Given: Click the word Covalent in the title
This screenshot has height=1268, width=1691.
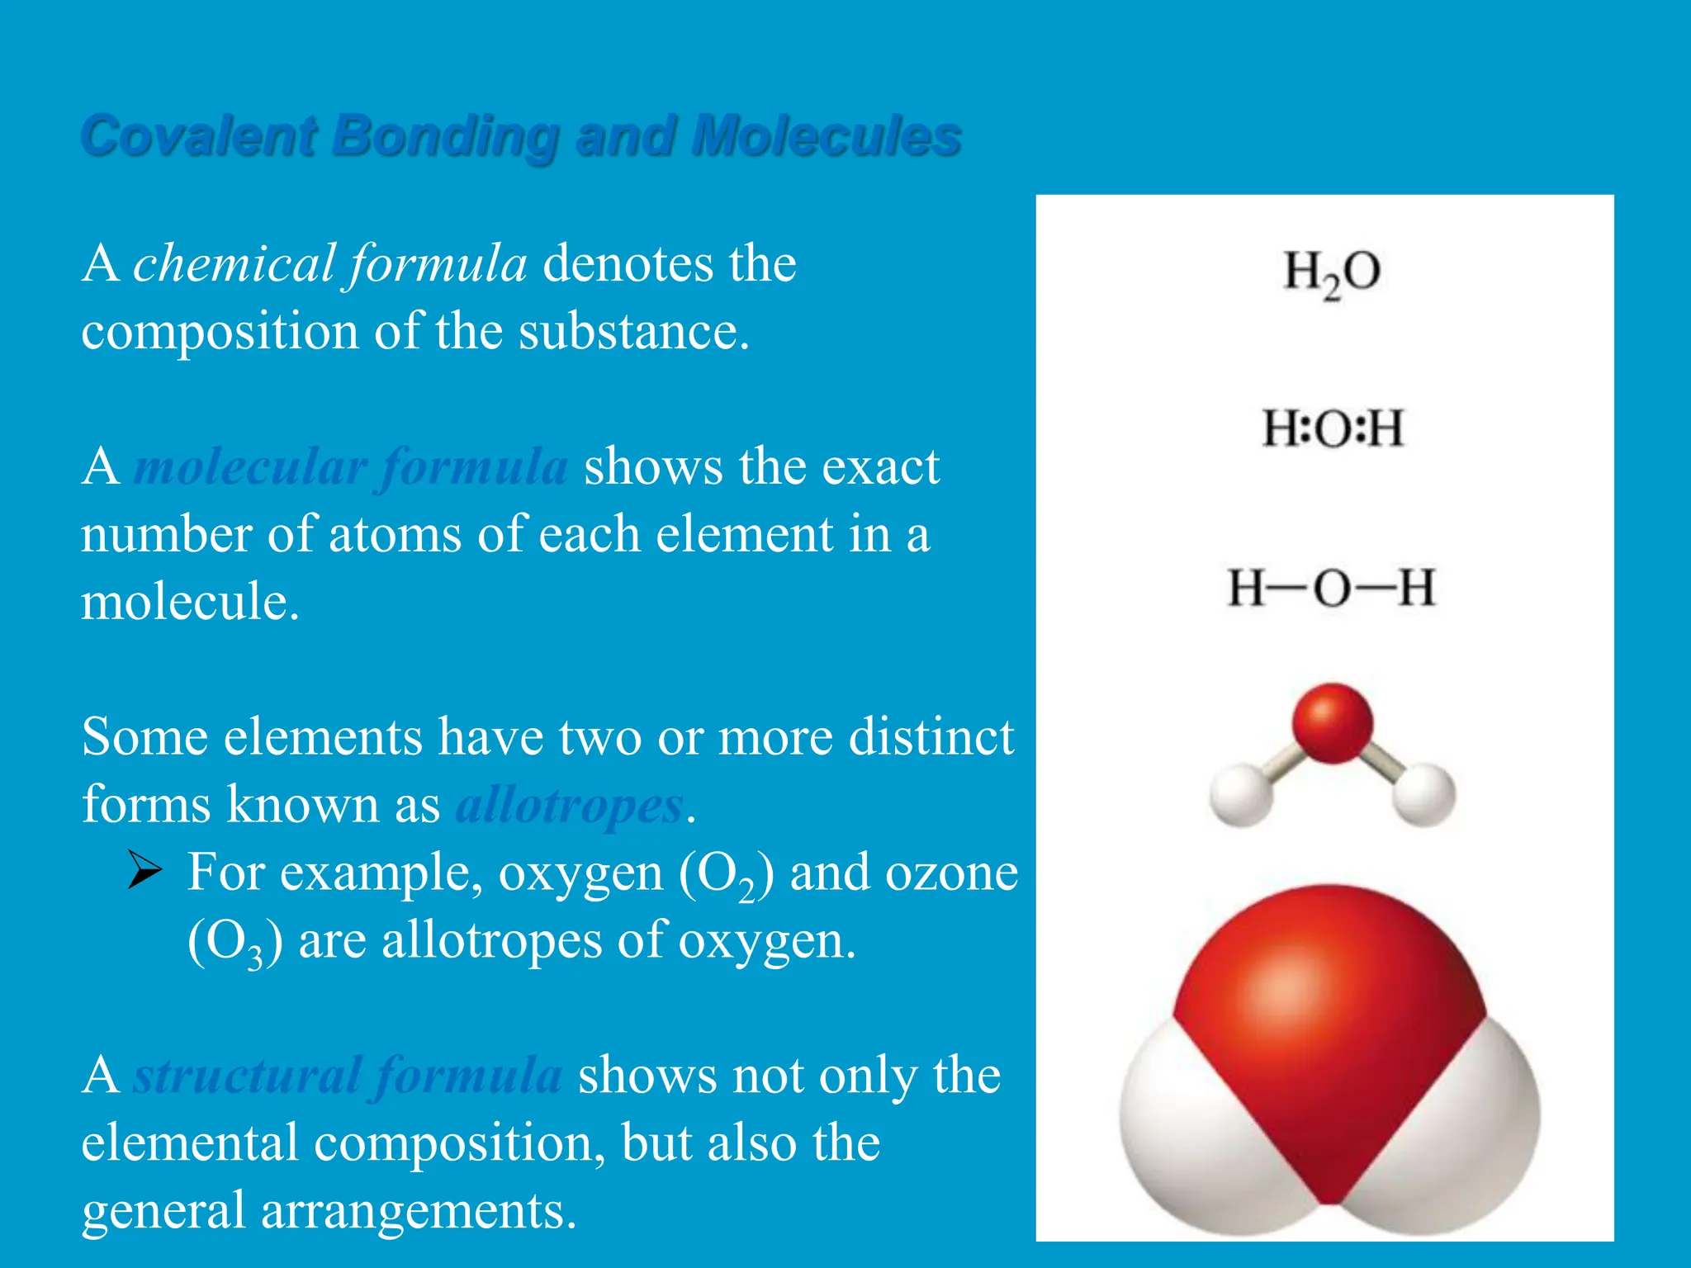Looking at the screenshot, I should coord(198,136).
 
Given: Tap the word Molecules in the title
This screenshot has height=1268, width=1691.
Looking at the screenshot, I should coord(827,136).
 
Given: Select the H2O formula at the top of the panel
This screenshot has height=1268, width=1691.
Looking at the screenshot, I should coord(1331,272).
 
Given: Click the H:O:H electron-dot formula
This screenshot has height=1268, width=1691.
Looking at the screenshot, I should coord(1332,428).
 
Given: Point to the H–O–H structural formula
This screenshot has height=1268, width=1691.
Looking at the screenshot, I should coord(1331,588).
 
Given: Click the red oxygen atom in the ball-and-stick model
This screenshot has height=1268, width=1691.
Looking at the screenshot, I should coord(1332,722).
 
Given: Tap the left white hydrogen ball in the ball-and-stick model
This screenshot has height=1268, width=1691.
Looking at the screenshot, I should coord(1241,794).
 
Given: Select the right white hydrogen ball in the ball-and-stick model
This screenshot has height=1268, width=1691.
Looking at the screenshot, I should coord(1423,794).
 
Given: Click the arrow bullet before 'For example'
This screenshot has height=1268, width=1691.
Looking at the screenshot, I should coord(144,872).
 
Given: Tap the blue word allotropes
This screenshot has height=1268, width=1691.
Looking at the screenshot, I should coord(570,805).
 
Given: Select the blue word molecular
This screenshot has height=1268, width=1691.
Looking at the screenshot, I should coord(250,467).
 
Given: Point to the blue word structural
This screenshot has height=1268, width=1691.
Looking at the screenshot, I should coord(247,1076).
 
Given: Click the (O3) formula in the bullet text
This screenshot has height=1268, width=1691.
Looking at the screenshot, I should coord(234,941).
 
